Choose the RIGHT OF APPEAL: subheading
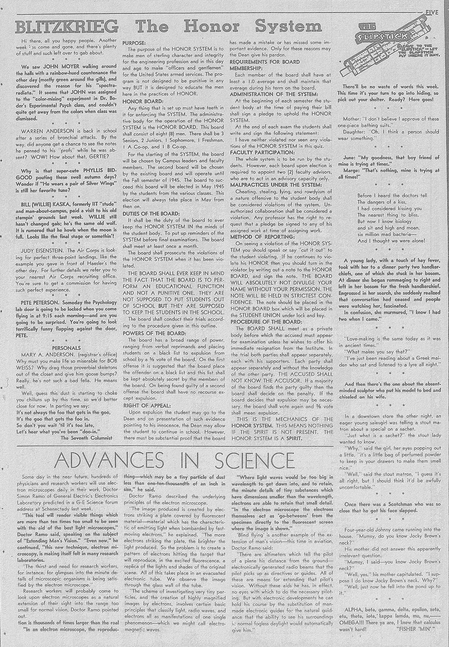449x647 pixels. coord(143,406)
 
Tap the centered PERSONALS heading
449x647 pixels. coord(66,348)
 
